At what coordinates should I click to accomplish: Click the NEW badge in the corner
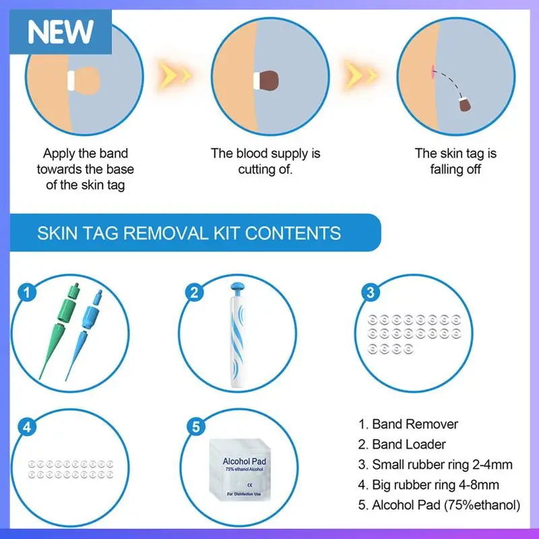60,30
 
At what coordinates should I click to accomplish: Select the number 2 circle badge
195,293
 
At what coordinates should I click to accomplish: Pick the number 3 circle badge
369,293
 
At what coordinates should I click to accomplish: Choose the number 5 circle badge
195,426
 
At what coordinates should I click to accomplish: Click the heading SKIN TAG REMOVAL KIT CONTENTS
189,234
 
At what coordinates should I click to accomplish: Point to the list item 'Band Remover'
408,424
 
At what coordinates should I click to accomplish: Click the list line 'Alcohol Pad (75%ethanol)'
439,505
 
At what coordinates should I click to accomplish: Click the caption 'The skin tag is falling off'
455,162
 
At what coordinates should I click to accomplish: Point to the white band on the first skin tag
70,80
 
